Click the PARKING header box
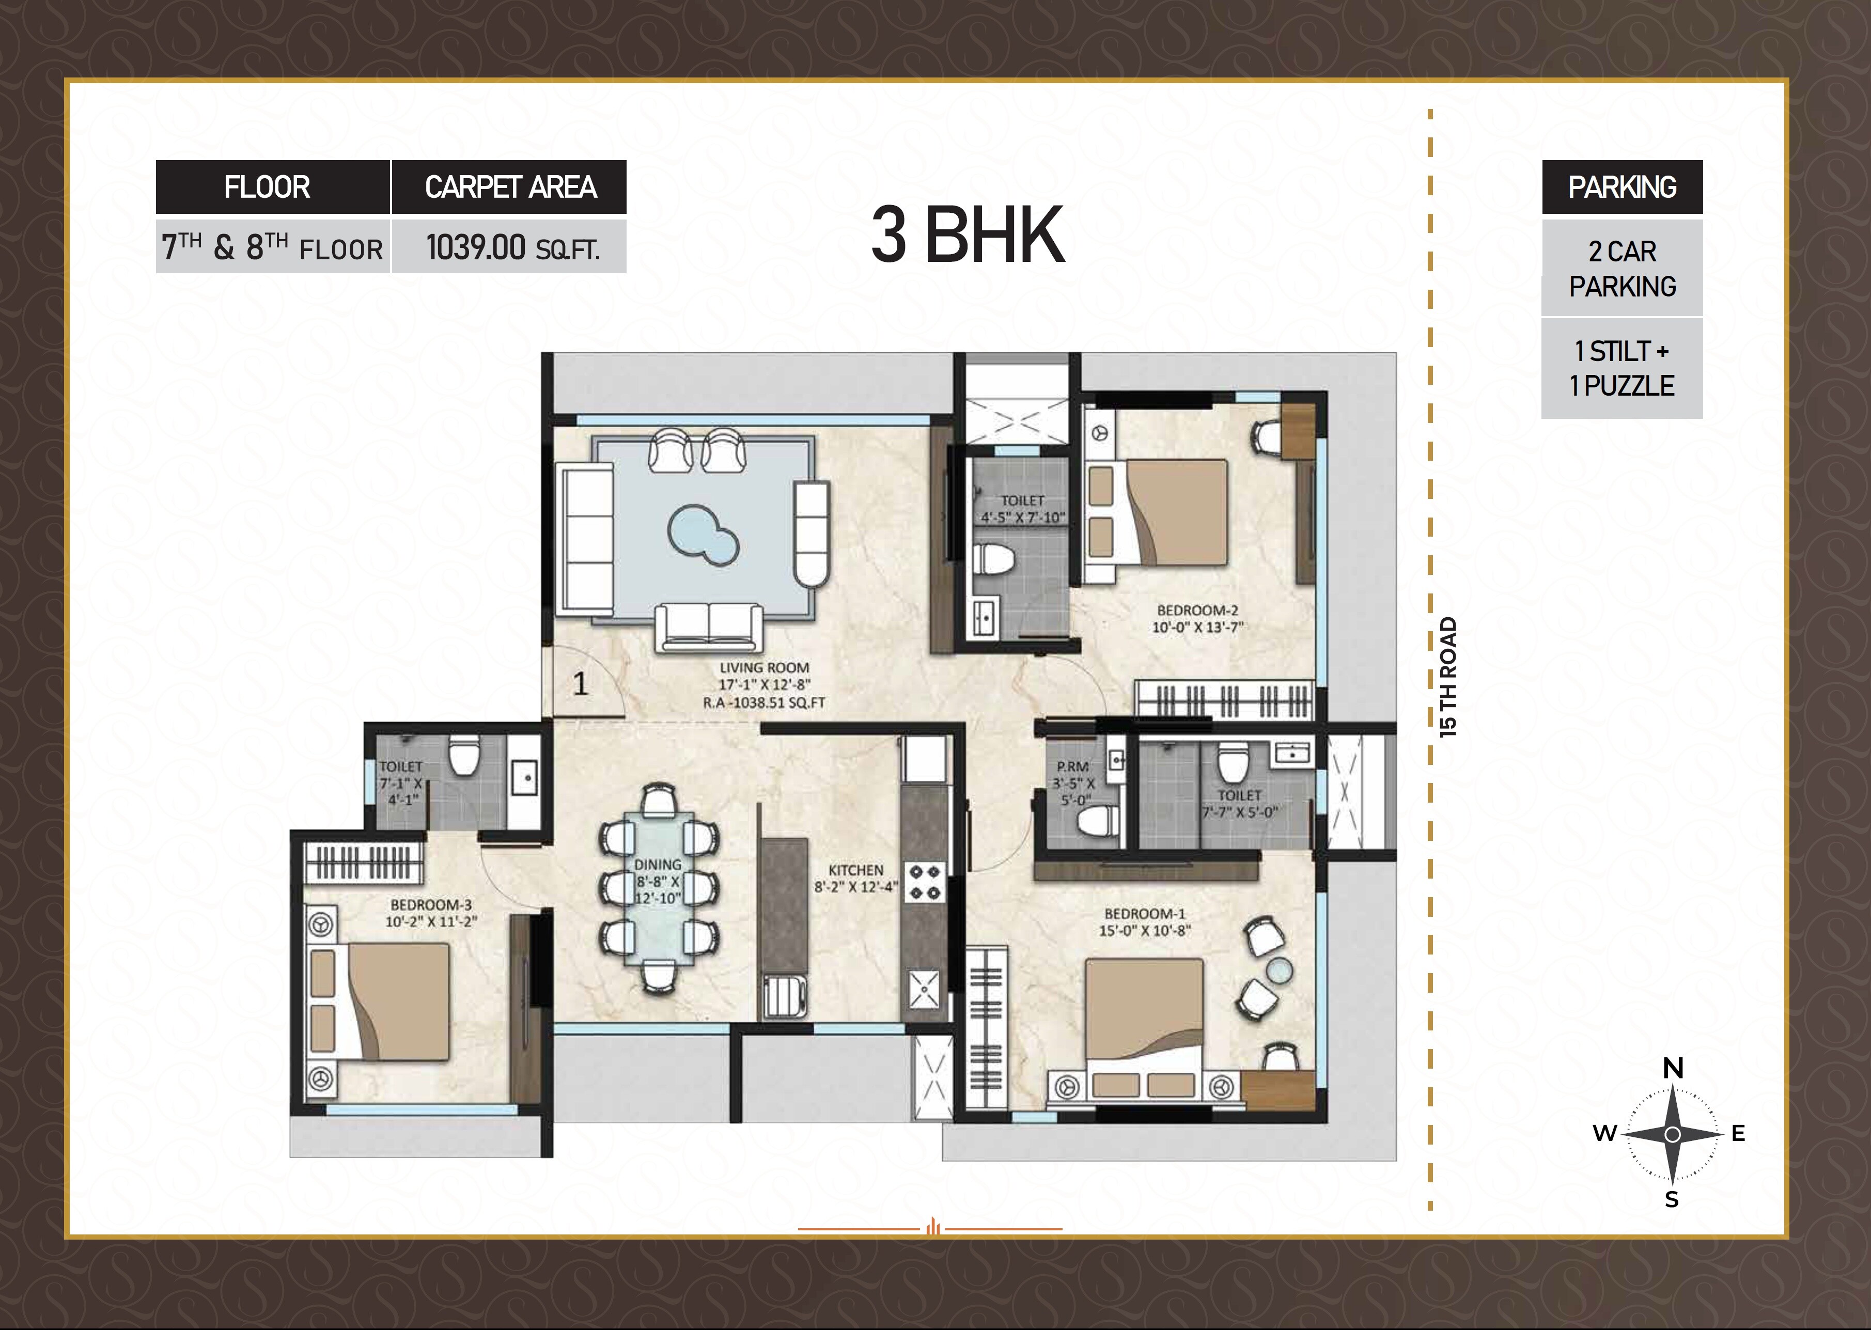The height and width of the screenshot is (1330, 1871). (x=1621, y=187)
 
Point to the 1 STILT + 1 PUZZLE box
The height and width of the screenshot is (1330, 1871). (x=1621, y=369)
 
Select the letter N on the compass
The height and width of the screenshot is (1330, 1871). (x=1673, y=1069)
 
